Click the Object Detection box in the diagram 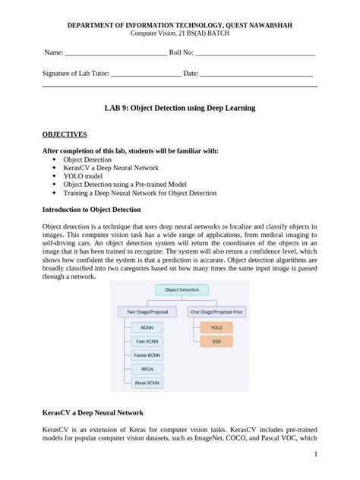[182, 289]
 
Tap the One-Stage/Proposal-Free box [216, 311]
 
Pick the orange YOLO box [216, 328]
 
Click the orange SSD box [216, 342]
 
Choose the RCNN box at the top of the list [146, 328]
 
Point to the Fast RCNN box [146, 342]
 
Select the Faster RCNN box [146, 355]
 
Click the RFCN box [146, 369]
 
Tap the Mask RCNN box [146, 383]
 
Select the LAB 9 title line [179, 109]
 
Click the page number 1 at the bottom [314, 456]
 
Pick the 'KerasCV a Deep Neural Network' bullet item [111, 168]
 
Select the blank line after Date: [257, 74]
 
